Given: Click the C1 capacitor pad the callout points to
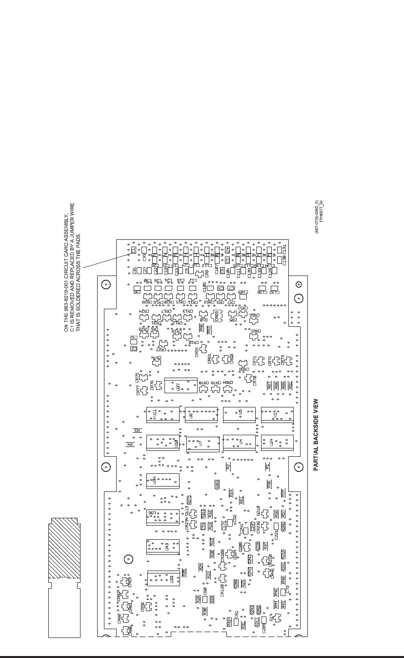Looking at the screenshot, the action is [x=133, y=251].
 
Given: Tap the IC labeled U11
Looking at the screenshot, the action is [x=162, y=414].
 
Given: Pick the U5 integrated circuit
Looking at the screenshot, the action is [x=239, y=414].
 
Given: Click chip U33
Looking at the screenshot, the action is [x=163, y=579].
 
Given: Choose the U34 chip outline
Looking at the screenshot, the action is [x=162, y=481].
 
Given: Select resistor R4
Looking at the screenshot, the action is [x=130, y=445].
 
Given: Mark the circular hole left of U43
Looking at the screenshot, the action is [x=127, y=559].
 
